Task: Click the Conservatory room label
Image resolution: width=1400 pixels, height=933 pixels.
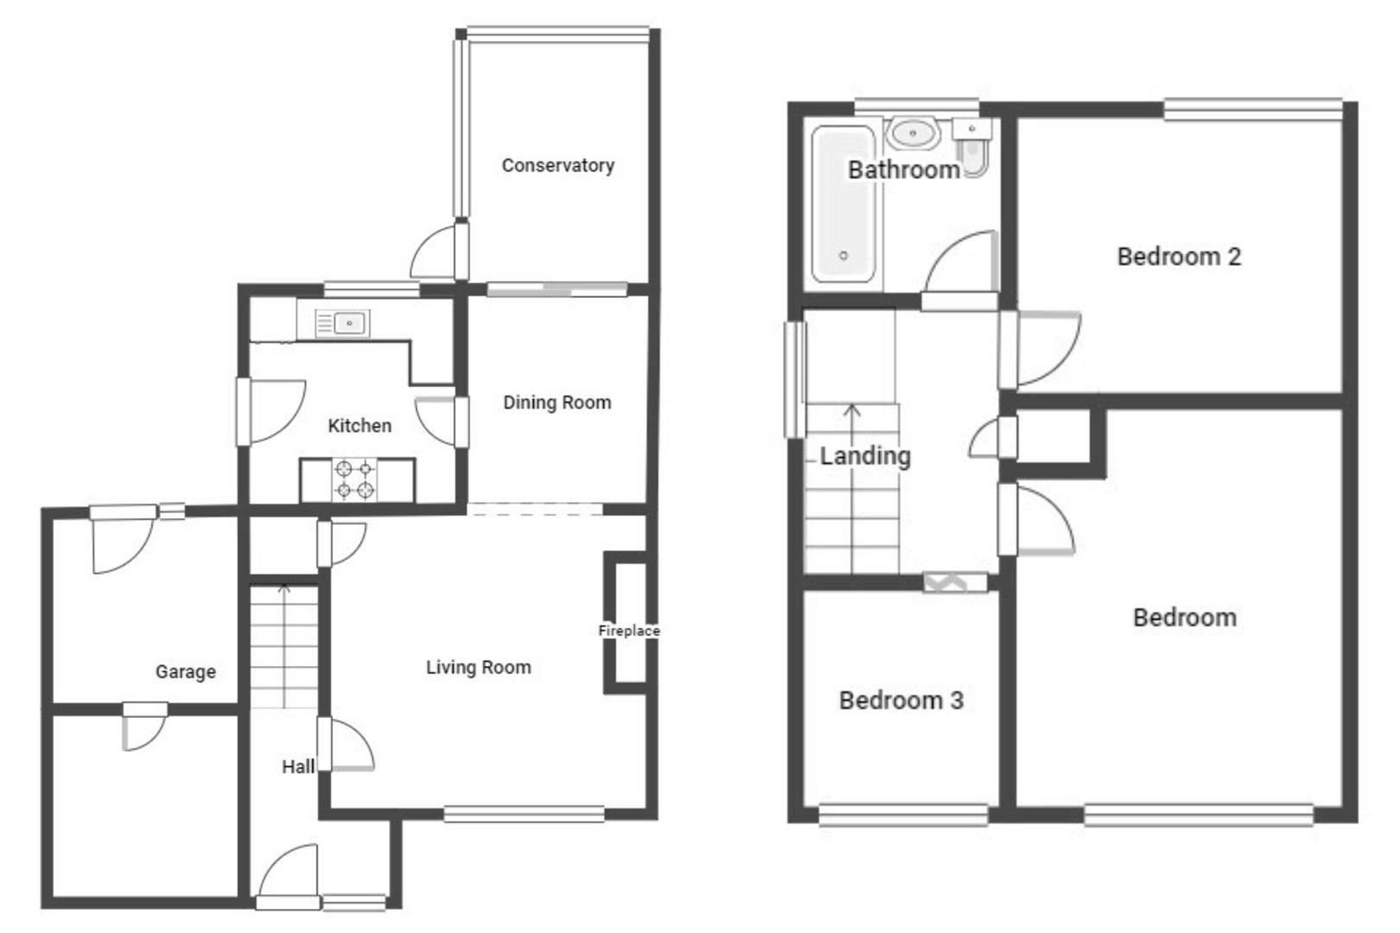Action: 557,165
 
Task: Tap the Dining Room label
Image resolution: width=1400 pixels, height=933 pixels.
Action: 557,403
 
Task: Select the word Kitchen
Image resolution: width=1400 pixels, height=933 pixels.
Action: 360,426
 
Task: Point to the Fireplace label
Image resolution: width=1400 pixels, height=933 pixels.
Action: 629,631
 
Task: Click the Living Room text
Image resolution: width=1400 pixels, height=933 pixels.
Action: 478,667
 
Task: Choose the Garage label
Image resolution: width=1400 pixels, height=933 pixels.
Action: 186,671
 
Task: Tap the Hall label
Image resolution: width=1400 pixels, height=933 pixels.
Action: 298,766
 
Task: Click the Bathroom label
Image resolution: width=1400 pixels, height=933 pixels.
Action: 903,169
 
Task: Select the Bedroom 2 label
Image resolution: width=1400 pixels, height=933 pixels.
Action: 1179,257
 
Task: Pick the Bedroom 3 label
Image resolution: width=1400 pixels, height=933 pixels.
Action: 900,700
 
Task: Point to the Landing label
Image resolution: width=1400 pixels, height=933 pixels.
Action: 865,455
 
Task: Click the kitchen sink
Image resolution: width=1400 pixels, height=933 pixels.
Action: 343,324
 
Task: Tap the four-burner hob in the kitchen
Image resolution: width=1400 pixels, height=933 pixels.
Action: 355,480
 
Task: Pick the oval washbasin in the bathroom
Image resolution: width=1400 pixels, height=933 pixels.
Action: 913,134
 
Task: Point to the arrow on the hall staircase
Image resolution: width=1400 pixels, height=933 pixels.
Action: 283,593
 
